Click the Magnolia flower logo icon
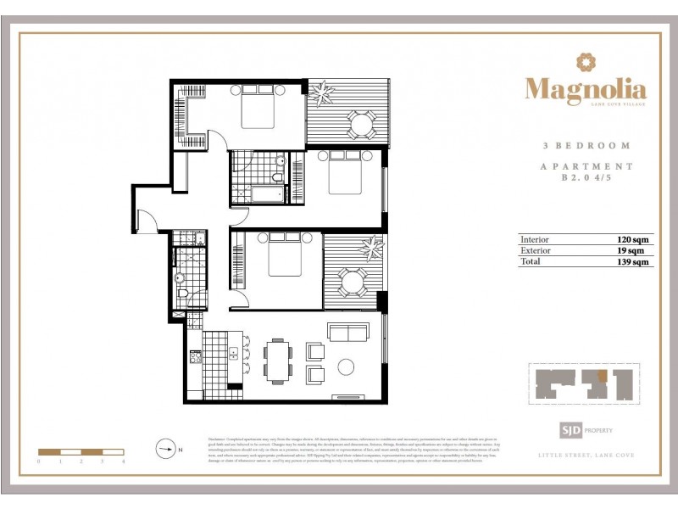click(x=585, y=62)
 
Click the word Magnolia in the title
click(x=585, y=88)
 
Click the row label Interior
click(x=535, y=240)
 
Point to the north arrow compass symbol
click(x=165, y=448)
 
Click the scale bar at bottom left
click(x=81, y=452)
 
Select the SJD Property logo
click(x=583, y=431)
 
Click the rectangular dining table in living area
click(x=277, y=361)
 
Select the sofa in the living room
click(x=347, y=332)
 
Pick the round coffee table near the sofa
click(x=347, y=367)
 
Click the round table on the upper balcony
click(x=361, y=126)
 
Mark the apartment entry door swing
click(x=147, y=220)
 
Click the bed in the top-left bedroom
click(x=258, y=110)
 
